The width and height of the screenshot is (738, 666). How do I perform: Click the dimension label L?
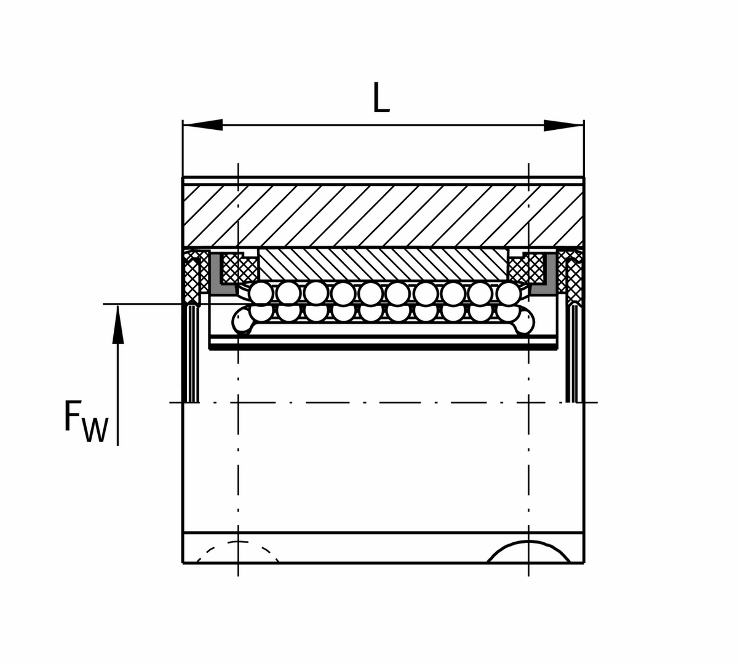(x=381, y=97)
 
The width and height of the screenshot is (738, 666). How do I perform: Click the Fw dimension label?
(x=87, y=421)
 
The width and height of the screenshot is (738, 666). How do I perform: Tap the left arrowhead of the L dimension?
(x=203, y=125)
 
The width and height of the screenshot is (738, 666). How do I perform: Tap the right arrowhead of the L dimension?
(x=563, y=125)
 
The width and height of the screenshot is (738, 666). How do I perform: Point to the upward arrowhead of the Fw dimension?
(x=117, y=324)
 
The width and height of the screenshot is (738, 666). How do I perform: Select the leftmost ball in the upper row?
(x=261, y=294)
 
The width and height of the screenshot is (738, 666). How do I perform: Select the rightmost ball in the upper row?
(x=509, y=294)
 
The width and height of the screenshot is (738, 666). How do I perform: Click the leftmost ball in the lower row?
(x=261, y=313)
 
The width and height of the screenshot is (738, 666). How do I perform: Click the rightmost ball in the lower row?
(x=509, y=313)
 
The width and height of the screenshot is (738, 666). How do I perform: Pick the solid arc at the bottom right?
(x=529, y=542)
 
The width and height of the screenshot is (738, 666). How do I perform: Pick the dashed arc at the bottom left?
(x=237, y=542)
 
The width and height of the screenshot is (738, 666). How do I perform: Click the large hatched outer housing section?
(x=383, y=215)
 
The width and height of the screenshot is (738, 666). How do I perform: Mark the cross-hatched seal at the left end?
(x=192, y=276)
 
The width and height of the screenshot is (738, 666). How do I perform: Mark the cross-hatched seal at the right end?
(x=572, y=276)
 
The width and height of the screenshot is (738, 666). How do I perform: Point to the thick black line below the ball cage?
(x=383, y=347)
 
